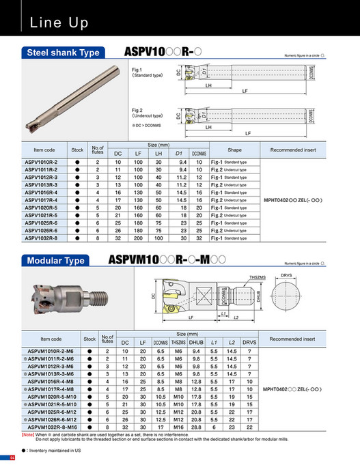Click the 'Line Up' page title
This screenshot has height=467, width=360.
(59, 23)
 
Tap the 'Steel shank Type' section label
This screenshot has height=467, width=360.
(62, 53)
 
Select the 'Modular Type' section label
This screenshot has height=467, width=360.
(55, 260)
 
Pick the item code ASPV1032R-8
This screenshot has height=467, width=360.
(42, 238)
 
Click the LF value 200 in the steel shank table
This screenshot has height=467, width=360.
(138, 238)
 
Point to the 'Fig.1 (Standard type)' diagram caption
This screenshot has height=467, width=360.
(145, 73)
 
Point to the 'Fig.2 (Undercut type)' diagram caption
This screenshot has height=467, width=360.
(146, 113)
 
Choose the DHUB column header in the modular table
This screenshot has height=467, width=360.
(196, 342)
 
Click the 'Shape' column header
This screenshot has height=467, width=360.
(234, 149)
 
